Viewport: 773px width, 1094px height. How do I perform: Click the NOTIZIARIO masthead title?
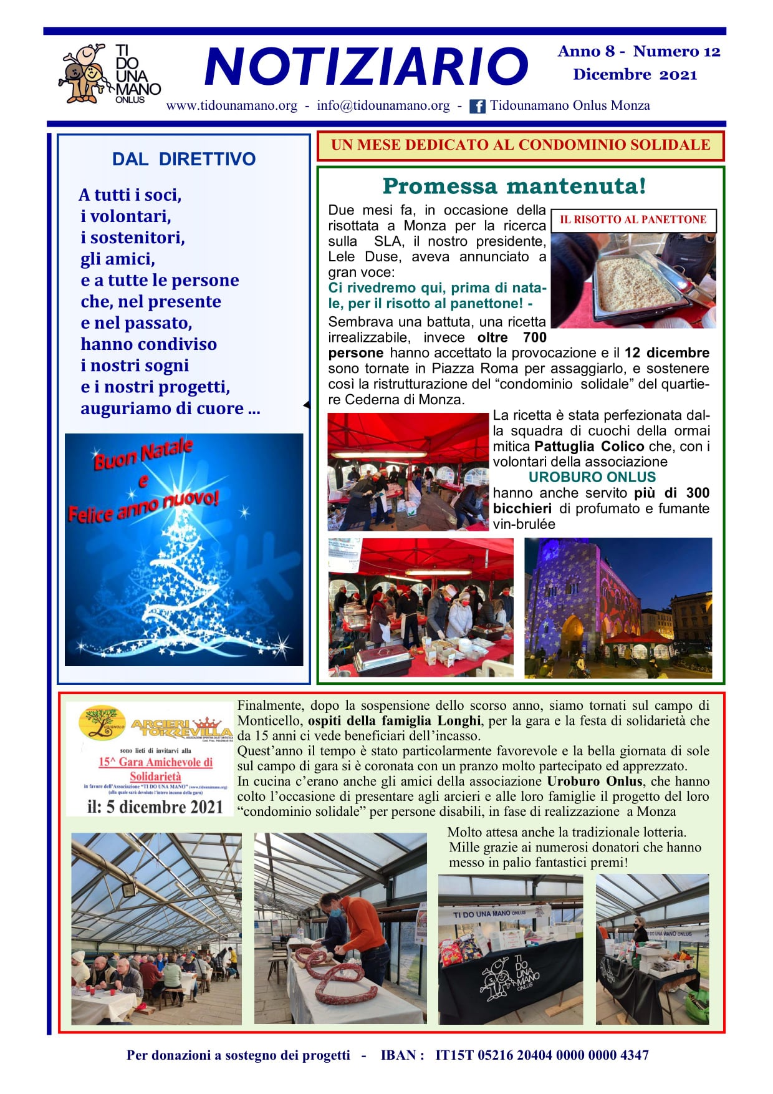(x=366, y=67)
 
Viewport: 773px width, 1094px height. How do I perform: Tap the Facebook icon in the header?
(x=477, y=106)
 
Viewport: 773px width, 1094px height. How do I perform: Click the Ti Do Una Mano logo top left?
(x=109, y=74)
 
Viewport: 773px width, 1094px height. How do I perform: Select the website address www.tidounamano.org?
(x=231, y=105)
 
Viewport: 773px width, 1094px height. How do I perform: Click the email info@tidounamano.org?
(x=383, y=105)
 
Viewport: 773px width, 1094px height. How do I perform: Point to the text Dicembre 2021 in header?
(x=635, y=75)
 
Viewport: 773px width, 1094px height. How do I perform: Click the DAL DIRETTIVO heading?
(x=183, y=159)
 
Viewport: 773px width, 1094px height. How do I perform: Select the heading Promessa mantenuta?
(x=514, y=186)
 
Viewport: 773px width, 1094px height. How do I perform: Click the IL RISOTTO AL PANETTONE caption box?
(x=633, y=220)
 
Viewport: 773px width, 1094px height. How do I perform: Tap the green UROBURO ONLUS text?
(x=592, y=477)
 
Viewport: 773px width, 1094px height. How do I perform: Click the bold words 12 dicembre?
(x=667, y=353)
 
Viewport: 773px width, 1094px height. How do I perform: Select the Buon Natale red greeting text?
(x=143, y=454)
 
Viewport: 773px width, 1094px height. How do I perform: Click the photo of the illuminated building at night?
(x=617, y=608)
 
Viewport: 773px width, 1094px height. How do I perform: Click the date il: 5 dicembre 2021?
(x=155, y=807)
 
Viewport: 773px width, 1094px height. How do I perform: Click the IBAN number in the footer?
(x=542, y=1055)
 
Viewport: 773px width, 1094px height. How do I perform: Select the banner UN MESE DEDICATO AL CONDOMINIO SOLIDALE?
(x=520, y=145)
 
